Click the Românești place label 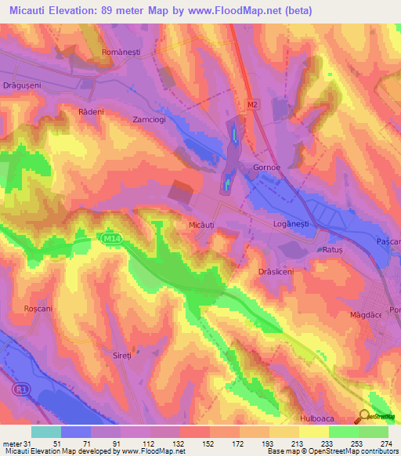[119, 52]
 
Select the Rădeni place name [91, 112]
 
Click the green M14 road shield [110, 237]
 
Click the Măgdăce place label [364, 314]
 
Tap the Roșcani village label [38, 309]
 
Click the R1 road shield [21, 388]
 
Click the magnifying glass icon [364, 416]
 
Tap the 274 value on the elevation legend [385, 443]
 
